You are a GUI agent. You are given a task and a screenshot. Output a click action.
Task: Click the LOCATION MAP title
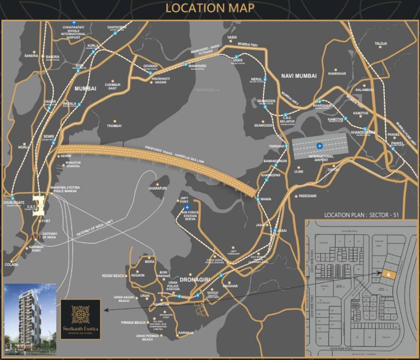[x=210, y=8]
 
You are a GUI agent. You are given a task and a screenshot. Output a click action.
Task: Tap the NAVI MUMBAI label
[x=299, y=75]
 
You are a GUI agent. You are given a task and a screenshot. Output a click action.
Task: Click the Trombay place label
[x=114, y=126]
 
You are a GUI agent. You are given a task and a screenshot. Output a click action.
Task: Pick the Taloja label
[x=381, y=44]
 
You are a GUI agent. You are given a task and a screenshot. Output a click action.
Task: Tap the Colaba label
[x=12, y=264]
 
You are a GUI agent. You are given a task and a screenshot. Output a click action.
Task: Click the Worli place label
[x=24, y=147]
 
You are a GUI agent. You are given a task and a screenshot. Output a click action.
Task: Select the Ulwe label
[x=299, y=172]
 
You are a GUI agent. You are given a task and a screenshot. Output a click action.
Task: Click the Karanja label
[x=186, y=332]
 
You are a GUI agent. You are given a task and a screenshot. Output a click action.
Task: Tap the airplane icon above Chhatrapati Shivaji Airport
[x=74, y=22]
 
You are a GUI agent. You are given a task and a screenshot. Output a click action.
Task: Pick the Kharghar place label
[x=337, y=74]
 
